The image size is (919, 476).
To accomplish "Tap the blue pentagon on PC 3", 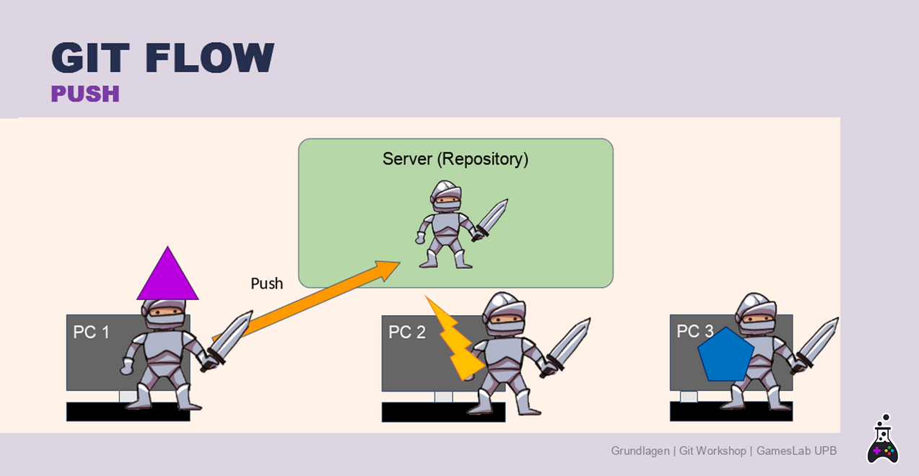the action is [x=726, y=355].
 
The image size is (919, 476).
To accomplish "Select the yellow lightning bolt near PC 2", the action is [x=453, y=338].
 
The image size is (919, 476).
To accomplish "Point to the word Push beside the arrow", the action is [x=266, y=283].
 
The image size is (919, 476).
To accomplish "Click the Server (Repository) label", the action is [x=456, y=159].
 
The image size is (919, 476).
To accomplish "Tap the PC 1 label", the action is [x=91, y=332].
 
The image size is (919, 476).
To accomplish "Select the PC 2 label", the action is [x=407, y=332].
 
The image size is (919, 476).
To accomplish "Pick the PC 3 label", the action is [x=695, y=331].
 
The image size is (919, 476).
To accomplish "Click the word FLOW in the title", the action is [x=209, y=58].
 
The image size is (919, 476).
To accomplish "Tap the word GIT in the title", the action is [x=90, y=58].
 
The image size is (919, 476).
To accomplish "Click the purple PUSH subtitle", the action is [x=85, y=94].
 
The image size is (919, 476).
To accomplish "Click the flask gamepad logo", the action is [x=883, y=438].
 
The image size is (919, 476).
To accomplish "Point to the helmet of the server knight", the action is [x=445, y=195].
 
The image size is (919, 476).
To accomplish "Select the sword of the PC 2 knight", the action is [x=567, y=345].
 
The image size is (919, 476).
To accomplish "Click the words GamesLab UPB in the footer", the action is [x=796, y=451].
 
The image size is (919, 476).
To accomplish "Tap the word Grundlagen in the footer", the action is [x=640, y=451].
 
